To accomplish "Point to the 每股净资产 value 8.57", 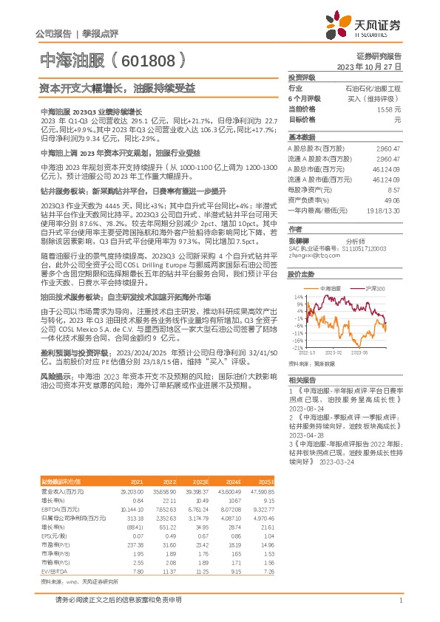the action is click(x=394, y=190).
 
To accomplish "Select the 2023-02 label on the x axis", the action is click(x=335, y=352).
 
